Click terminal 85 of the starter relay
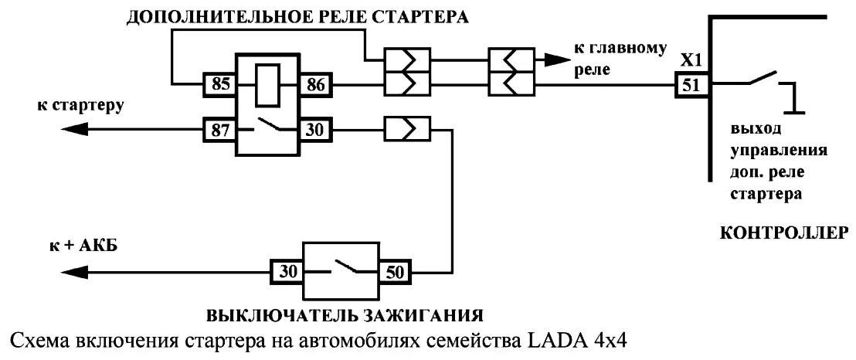tap(220, 83)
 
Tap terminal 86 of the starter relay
tap(314, 83)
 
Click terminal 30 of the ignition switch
tap(286, 272)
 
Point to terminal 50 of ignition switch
tap(394, 272)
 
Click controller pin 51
tap(690, 83)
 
